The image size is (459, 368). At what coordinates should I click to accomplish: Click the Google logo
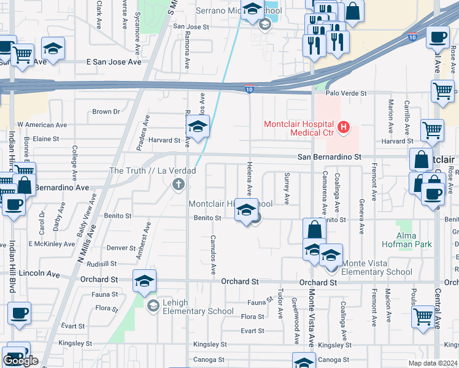20,361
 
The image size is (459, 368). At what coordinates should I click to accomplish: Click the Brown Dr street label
106,112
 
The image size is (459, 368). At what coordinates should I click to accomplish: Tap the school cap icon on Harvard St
198,127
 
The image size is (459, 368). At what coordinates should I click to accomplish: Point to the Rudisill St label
102,263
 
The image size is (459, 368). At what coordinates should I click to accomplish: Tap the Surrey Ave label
287,188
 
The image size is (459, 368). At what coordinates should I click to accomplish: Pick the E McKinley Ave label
52,243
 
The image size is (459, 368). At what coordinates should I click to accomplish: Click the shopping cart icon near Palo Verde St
442,91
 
